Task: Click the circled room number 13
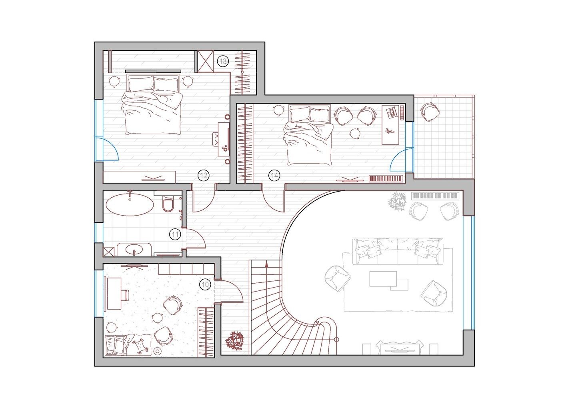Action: point(223,61)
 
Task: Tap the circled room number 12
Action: point(204,175)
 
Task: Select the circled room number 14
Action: point(274,175)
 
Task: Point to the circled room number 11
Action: point(175,234)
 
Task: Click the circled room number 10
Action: point(205,284)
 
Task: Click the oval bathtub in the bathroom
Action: point(130,204)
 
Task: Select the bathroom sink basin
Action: point(134,249)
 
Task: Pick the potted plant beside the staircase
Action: point(235,341)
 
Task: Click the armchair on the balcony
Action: point(430,111)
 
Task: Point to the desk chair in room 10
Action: point(125,295)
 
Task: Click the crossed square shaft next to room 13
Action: point(206,62)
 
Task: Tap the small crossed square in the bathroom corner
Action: point(109,252)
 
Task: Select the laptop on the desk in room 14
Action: point(391,112)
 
